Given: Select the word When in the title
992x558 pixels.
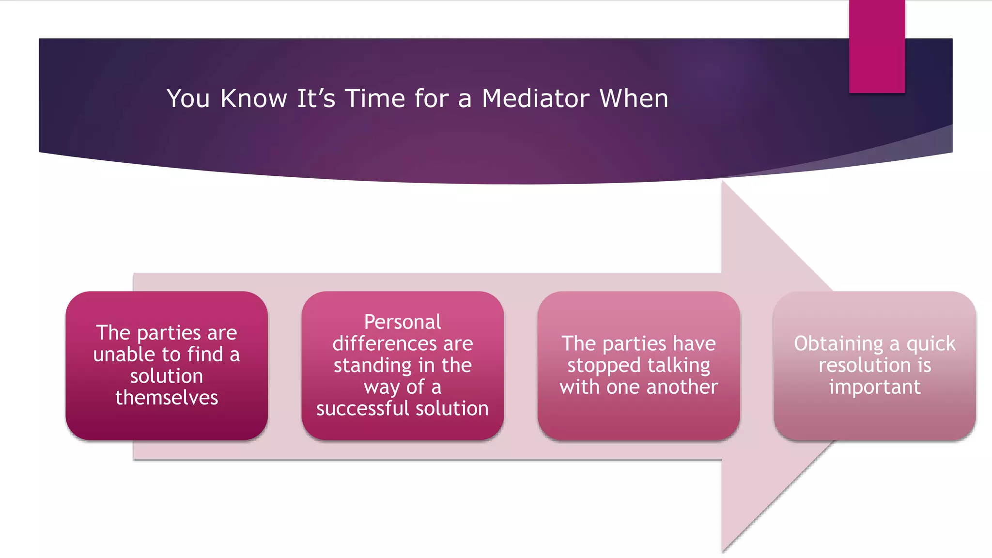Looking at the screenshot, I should click(634, 99).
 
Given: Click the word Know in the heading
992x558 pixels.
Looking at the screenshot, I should click(254, 99).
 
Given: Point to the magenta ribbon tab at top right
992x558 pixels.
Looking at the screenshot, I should click(877, 46).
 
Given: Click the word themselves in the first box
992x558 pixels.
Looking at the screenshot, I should click(167, 398).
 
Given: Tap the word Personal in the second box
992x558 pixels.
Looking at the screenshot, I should click(403, 322).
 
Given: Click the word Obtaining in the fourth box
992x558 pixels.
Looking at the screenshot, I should click(838, 344).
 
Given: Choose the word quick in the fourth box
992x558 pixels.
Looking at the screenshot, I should click(930, 344).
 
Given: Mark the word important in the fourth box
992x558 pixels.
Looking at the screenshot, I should click(874, 387).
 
